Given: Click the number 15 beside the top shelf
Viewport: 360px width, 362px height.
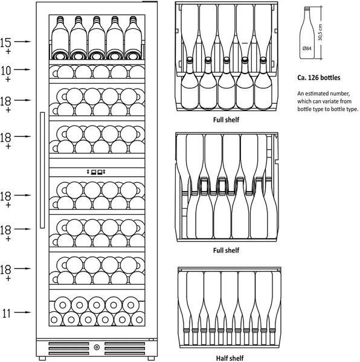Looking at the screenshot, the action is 5,43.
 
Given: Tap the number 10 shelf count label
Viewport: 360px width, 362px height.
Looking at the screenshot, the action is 6,71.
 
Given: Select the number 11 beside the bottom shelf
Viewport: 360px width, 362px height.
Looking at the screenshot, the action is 7,313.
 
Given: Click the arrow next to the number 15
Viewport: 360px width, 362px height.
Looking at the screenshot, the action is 22,42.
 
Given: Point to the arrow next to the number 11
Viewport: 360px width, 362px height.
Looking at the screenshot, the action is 22,313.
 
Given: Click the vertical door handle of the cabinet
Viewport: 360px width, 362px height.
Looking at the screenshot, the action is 42,170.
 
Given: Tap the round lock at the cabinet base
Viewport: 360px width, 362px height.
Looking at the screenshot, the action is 97,347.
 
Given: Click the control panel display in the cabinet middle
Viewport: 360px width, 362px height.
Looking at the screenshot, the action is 97,172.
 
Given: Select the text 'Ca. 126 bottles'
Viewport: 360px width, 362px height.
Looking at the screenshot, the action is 319,78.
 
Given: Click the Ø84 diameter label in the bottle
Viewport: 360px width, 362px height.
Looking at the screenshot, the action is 307,48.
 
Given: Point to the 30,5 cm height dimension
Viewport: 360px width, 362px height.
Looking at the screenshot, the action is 320,33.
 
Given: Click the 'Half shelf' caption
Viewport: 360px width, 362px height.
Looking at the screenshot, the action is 230,358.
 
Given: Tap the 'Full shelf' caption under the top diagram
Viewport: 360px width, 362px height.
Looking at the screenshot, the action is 226,119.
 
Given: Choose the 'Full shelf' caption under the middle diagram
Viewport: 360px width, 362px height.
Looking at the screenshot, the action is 226,250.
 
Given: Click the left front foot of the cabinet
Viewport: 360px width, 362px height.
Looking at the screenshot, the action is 42,358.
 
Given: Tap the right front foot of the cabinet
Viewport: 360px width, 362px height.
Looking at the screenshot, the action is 151,358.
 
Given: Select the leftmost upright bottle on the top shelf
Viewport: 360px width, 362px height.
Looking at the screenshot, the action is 60,38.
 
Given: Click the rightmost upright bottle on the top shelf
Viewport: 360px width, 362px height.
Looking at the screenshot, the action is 133,38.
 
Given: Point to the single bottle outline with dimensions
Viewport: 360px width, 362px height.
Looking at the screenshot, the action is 307,33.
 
